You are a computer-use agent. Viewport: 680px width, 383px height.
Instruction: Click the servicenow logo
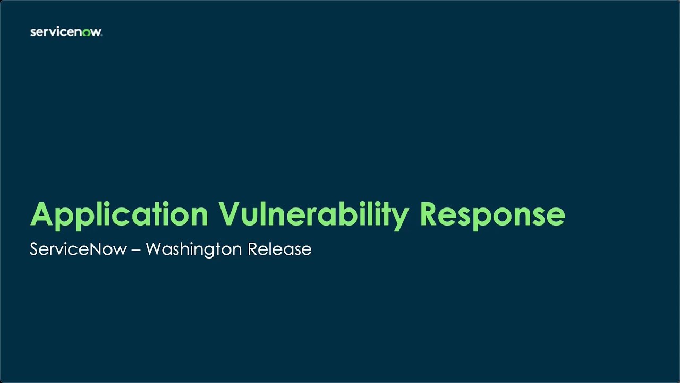coord(66,32)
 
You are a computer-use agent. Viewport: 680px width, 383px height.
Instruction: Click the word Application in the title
coord(119,215)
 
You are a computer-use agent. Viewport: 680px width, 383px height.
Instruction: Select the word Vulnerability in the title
coord(313,215)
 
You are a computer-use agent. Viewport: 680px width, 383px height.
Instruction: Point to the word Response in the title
coord(492,215)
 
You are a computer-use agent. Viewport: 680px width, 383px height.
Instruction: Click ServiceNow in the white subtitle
coord(78,249)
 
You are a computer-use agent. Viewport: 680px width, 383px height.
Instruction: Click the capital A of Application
coord(43,214)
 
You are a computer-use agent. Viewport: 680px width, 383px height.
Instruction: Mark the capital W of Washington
coord(155,249)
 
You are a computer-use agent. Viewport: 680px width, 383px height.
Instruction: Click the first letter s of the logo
coord(33,32)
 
